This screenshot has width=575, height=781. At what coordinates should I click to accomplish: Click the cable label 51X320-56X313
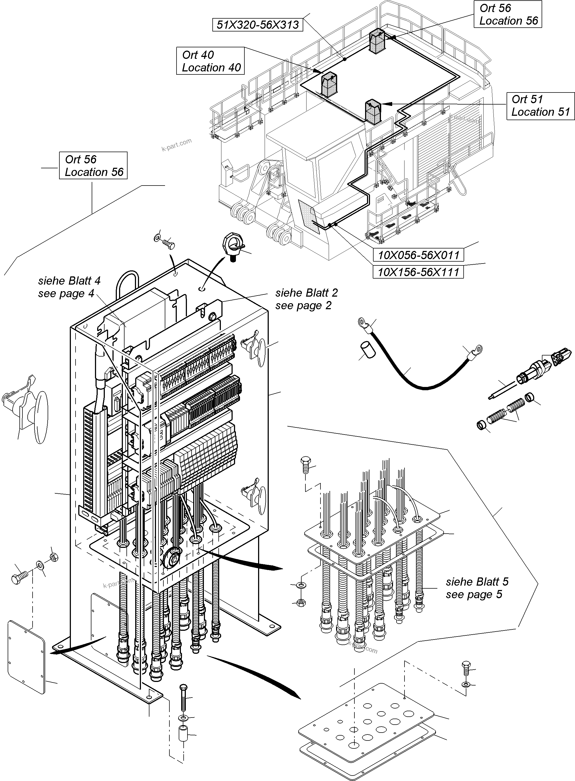coord(258,25)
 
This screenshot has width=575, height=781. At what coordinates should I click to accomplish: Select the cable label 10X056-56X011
coord(418,255)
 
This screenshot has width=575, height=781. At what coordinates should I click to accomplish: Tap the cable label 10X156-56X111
coord(418,272)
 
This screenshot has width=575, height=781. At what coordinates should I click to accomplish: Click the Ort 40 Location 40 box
coord(210,61)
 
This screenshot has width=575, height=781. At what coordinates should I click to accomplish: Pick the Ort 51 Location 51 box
coord(540,106)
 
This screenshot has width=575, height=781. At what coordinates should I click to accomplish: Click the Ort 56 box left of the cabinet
coord(93,166)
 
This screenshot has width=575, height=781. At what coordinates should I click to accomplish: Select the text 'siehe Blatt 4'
coord(69,280)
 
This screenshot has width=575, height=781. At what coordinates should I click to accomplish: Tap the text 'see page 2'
coord(303,306)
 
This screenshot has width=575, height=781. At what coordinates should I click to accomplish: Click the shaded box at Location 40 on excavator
coord(329,85)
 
